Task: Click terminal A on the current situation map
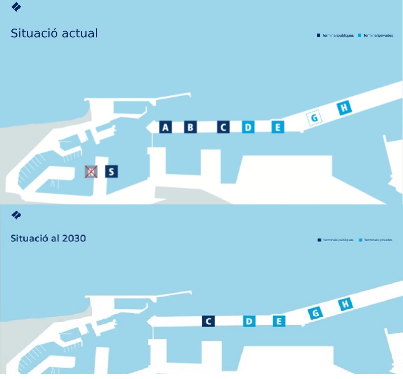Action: (x=165, y=127)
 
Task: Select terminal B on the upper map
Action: (x=190, y=127)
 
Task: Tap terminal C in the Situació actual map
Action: (x=223, y=127)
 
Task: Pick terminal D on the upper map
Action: (x=248, y=127)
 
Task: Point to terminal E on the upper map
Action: (x=278, y=127)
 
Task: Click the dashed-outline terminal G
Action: (x=314, y=118)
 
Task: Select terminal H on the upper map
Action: (x=344, y=108)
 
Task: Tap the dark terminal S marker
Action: (x=111, y=171)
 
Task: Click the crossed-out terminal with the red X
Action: (x=91, y=172)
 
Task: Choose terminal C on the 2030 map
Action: (x=209, y=321)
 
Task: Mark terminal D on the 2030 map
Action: (x=249, y=321)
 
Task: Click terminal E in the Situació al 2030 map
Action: (x=279, y=321)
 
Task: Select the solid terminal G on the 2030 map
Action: (x=315, y=313)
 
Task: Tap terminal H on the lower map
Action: (x=346, y=304)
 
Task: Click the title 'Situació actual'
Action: (x=54, y=33)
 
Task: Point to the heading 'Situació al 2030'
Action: (x=48, y=238)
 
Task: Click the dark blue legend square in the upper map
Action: (x=318, y=35)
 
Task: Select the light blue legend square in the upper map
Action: (x=360, y=35)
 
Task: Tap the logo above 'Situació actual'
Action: (x=16, y=7)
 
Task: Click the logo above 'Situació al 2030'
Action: (x=16, y=215)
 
